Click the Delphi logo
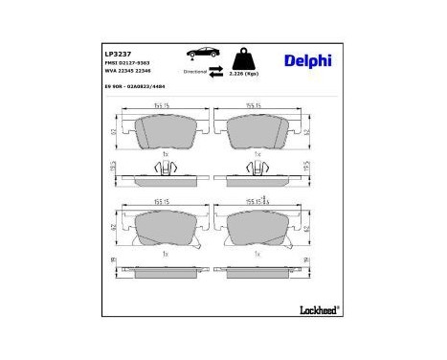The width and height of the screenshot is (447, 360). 307,61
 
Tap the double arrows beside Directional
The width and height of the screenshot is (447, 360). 217,70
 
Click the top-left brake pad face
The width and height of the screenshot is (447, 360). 166,130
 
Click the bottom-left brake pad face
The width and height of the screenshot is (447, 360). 166,227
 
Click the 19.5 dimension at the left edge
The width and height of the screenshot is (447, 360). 113,167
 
